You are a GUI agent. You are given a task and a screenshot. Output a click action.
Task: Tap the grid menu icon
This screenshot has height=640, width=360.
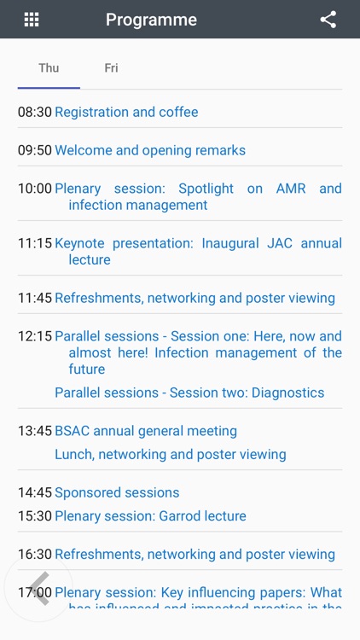pyautogui.click(x=32, y=20)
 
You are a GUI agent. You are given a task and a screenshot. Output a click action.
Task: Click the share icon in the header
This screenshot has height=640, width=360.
pyautogui.click(x=328, y=20)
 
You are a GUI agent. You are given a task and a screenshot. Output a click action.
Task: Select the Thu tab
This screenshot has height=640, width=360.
pyautogui.click(x=49, y=68)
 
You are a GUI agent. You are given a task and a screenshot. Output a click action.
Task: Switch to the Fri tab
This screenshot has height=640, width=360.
pyautogui.click(x=111, y=68)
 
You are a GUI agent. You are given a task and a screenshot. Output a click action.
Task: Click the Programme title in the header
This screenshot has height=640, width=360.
pyautogui.click(x=151, y=20)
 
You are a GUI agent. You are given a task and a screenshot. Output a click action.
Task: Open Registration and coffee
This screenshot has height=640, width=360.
pyautogui.click(x=126, y=112)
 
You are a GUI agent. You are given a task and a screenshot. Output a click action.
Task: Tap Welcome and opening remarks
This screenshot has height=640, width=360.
pyautogui.click(x=150, y=150)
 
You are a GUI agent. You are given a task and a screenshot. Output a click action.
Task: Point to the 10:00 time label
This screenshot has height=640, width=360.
pyautogui.click(x=35, y=189)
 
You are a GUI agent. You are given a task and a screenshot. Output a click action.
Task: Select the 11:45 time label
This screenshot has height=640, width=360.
pyautogui.click(x=35, y=298)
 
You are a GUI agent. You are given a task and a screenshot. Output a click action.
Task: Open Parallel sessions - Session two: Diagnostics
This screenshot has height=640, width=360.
pyautogui.click(x=189, y=393)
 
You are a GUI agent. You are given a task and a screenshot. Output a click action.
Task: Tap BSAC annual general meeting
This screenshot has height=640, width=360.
pyautogui.click(x=146, y=431)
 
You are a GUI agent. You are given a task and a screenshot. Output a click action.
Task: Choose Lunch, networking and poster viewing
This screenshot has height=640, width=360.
pyautogui.click(x=171, y=454)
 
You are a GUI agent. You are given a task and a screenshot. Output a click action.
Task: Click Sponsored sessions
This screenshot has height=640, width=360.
pyautogui.click(x=117, y=492)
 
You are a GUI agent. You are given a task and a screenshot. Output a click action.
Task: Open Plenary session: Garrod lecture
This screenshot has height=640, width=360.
pyautogui.click(x=150, y=515)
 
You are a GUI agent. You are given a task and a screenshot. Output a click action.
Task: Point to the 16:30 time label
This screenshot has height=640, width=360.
pyautogui.click(x=35, y=554)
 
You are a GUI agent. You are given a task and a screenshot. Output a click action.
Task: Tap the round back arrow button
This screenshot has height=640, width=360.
pyautogui.click(x=38, y=589)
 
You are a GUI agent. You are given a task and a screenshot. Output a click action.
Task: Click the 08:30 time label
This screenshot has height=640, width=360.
pyautogui.click(x=35, y=112)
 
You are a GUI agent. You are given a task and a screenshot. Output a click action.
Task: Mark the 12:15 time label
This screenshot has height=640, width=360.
pyautogui.click(x=35, y=336)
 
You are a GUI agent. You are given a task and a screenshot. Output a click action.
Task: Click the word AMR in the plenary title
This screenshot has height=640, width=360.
pyautogui.click(x=291, y=189)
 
